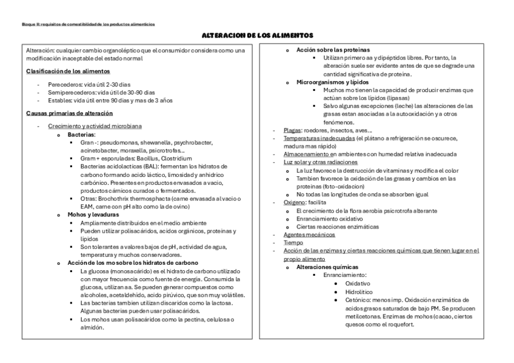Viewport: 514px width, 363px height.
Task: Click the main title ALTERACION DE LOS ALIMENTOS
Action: pos(258,36)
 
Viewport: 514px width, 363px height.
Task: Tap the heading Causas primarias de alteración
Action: pos(69,113)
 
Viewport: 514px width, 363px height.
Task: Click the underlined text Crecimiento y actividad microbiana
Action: pos(95,126)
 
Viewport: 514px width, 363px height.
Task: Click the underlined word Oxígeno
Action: pos(295,202)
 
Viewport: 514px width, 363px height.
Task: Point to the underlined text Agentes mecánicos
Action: pos(309,235)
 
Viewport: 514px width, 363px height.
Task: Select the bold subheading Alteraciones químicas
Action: pos(327,267)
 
